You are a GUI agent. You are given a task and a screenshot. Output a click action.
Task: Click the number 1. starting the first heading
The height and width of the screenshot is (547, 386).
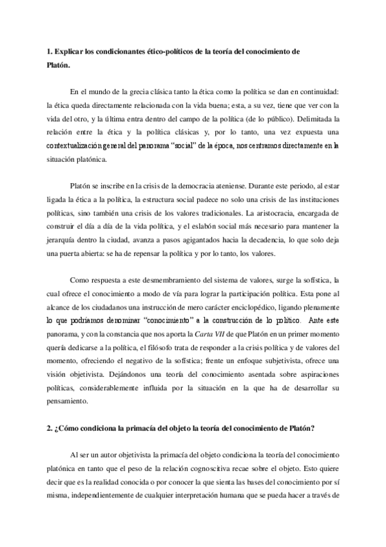click(42, 50)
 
